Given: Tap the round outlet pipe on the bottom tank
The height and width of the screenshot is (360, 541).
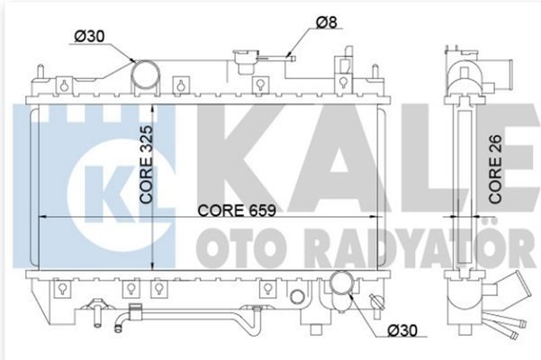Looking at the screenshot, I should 341,283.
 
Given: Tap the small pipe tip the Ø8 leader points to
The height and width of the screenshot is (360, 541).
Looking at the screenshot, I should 292,58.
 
